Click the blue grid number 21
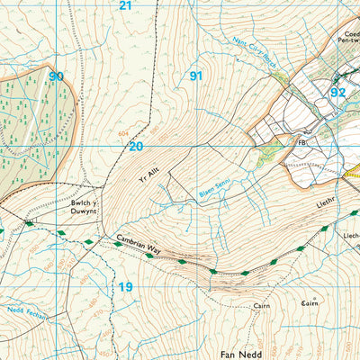tap(125, 5)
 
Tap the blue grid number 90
tap(57, 76)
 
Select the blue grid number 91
tap(195, 76)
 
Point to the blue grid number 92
tap(337, 92)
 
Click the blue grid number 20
tap(136, 146)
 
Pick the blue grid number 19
tap(126, 287)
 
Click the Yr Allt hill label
tap(148, 172)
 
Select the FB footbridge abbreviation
tap(301, 142)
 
